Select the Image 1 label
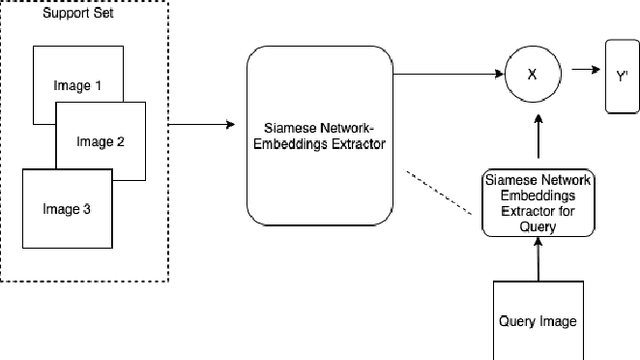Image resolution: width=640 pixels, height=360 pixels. click(x=77, y=85)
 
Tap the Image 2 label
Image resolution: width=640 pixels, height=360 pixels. click(x=100, y=142)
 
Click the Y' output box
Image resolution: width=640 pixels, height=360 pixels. click(x=621, y=75)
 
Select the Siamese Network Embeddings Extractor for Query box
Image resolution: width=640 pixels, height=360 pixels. click(x=537, y=202)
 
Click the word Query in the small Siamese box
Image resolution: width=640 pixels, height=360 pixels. click(x=537, y=228)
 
